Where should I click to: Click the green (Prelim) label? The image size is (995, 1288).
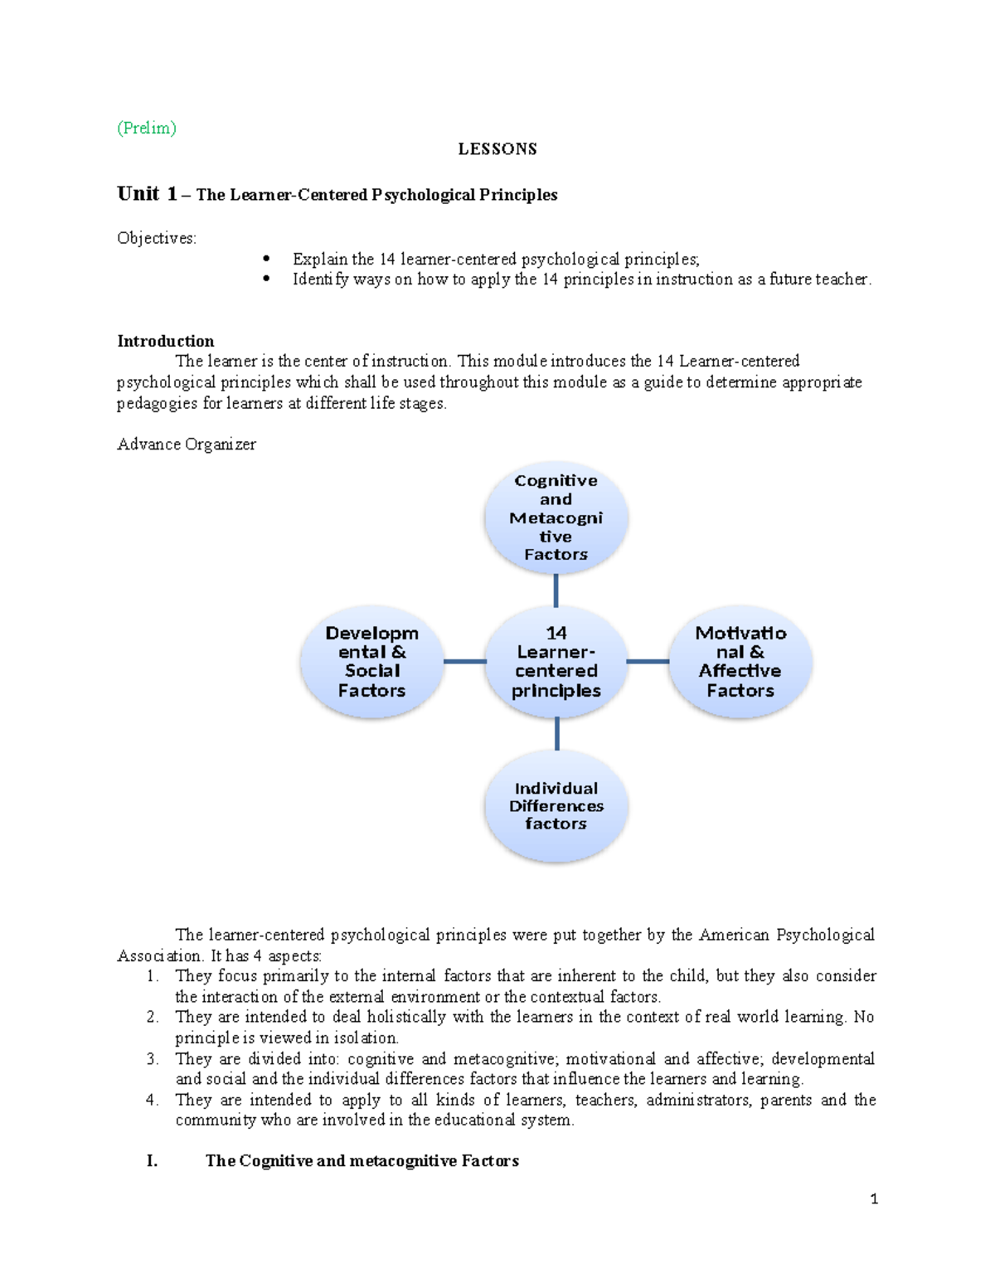click(x=147, y=128)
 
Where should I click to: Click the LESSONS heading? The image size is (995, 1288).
click(x=498, y=149)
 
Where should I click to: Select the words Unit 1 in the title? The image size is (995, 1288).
click(x=147, y=194)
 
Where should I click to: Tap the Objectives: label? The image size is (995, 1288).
click(x=157, y=239)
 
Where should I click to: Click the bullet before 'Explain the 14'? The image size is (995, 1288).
click(x=266, y=259)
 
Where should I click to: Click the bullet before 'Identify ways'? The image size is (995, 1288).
click(x=266, y=279)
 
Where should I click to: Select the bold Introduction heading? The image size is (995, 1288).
click(x=165, y=341)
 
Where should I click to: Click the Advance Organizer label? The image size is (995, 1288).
click(x=187, y=445)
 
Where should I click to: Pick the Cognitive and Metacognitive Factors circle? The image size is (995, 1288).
click(x=556, y=518)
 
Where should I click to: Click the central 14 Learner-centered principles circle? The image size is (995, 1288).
click(x=556, y=662)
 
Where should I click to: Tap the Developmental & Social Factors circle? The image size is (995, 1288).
click(x=371, y=662)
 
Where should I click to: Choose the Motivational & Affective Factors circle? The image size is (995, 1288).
click(x=740, y=662)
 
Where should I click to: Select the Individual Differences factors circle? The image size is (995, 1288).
click(x=556, y=805)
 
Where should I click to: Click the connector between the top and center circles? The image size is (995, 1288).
click(x=556, y=591)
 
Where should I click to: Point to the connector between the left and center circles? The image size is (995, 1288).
click(x=464, y=662)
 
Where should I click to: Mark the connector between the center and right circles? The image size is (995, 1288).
click(x=648, y=662)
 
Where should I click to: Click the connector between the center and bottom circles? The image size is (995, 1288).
click(x=556, y=734)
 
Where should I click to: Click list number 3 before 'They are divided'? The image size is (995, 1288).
click(x=152, y=1059)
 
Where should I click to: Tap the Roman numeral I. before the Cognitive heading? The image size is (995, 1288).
click(x=152, y=1161)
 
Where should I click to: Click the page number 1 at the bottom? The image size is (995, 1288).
click(x=874, y=1199)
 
